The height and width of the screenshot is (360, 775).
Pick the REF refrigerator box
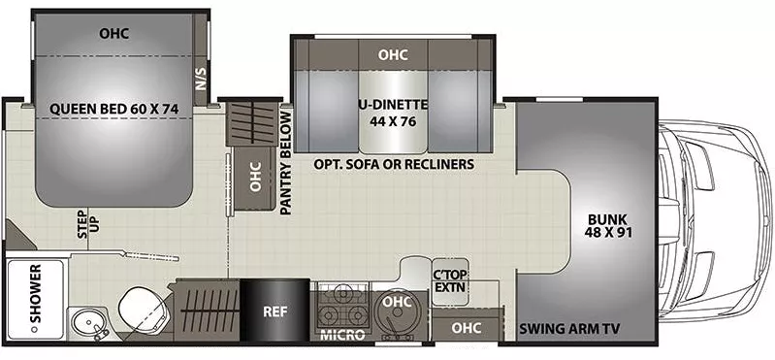[272, 313]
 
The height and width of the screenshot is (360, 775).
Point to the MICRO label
[342, 336]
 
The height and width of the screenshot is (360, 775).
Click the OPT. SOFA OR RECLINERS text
[394, 165]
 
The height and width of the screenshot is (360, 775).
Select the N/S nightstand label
[202, 80]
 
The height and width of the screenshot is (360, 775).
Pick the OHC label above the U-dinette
[393, 54]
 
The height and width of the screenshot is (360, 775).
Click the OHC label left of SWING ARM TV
[467, 328]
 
